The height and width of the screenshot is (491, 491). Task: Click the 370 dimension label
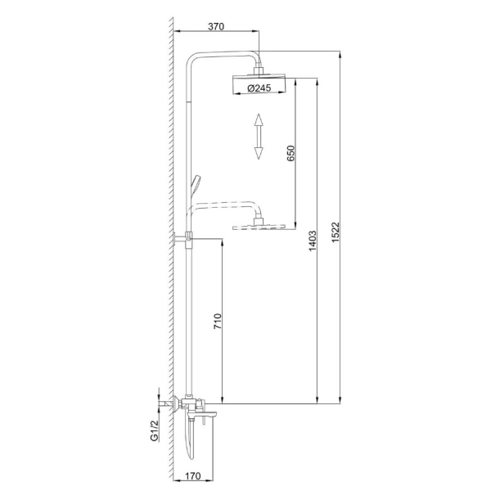click(x=216, y=27)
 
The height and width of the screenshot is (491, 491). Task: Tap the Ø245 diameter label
click(x=259, y=88)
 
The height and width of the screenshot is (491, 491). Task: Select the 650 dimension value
click(x=291, y=153)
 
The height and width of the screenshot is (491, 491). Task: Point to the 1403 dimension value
click(x=313, y=241)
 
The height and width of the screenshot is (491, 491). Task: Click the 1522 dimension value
click(x=336, y=232)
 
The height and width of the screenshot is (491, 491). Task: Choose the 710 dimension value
click(x=218, y=322)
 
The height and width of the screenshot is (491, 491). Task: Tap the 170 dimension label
click(x=193, y=476)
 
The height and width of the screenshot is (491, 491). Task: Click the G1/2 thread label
click(x=155, y=431)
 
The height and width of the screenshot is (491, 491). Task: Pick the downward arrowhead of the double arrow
click(x=259, y=154)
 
